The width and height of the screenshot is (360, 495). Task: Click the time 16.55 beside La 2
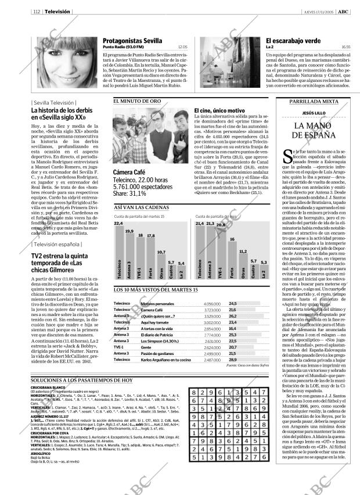345,47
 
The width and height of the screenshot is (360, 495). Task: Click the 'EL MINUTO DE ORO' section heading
137,101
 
